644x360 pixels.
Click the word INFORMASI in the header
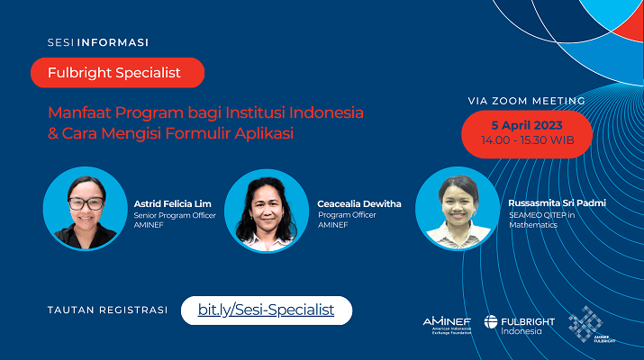click(113, 42)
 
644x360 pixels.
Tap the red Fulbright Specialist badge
click(117, 73)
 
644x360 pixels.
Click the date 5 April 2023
click(527, 125)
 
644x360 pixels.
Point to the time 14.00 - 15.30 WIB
click(527, 140)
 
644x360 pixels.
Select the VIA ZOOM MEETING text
click(527, 101)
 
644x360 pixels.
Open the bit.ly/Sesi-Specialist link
click(266, 310)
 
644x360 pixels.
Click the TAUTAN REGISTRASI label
click(107, 310)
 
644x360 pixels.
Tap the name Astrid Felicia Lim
click(173, 203)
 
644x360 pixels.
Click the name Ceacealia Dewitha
click(359, 203)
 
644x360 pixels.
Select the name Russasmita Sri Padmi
click(557, 202)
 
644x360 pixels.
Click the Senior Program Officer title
click(175, 215)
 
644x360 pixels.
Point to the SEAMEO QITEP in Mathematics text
click(541, 220)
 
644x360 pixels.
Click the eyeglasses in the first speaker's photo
click(86, 203)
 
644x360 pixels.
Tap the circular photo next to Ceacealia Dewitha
click(267, 211)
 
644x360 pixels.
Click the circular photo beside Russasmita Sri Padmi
click(458, 209)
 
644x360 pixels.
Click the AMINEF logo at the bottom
click(447, 325)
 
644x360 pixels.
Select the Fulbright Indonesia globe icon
click(491, 322)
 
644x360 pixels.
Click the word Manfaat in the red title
click(79, 112)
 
